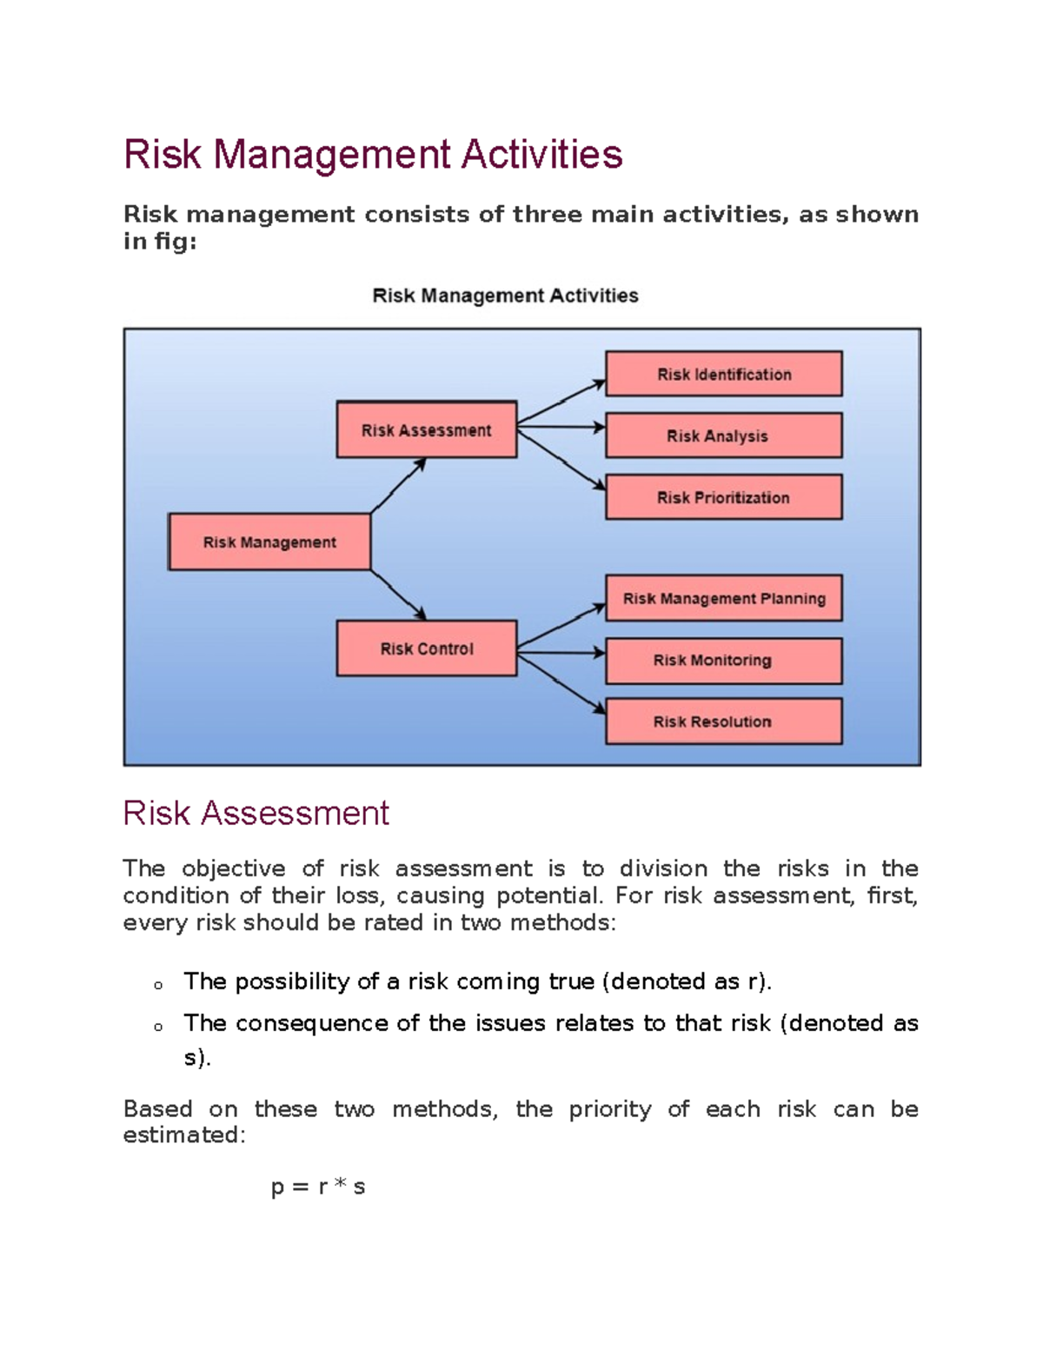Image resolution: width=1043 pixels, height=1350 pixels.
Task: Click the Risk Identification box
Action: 723,374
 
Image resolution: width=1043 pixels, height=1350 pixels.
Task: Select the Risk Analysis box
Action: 723,436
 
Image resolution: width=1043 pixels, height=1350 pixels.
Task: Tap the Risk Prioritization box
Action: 723,497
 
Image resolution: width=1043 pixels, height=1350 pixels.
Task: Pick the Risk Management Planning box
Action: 723,598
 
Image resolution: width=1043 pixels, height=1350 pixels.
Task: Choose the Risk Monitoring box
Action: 723,661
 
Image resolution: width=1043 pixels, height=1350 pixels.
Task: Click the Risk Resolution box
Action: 723,722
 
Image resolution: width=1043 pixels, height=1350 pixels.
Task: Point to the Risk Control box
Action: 427,648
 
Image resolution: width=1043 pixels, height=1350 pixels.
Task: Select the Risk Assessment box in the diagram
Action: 427,429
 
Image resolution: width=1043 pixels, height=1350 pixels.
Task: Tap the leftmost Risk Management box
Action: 269,542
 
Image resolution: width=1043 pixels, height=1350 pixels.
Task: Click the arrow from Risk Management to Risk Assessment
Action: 398,485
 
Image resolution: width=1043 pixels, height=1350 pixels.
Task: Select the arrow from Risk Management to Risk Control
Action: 398,595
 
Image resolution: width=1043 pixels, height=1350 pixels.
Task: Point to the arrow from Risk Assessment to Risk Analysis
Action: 561,427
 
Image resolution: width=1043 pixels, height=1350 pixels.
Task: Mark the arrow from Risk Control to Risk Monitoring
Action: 561,652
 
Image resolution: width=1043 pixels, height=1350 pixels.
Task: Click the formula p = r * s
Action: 318,1187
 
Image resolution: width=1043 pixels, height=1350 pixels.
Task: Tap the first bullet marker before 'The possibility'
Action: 158,985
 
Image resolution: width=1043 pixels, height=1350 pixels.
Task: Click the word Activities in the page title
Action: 541,155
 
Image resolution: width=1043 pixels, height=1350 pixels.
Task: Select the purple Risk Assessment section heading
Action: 256,814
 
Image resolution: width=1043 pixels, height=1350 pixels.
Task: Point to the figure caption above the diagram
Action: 505,296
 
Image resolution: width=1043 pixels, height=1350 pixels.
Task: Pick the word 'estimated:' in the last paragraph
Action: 184,1135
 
